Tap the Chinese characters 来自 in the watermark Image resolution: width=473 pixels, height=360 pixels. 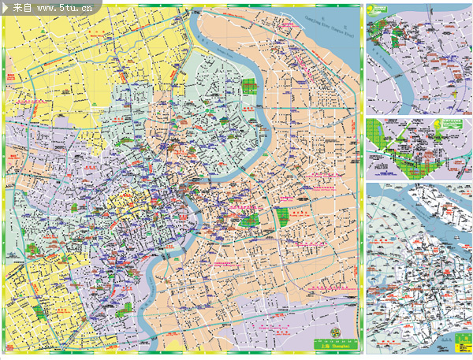(23, 8)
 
